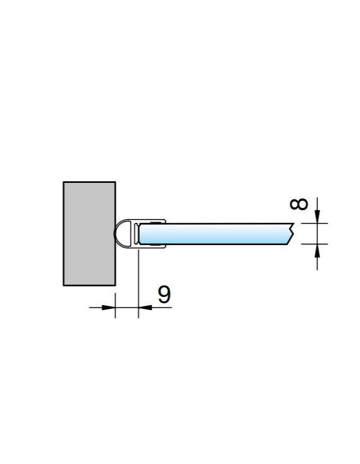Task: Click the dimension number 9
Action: [164, 294]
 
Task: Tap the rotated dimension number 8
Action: [298, 204]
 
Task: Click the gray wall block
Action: [89, 234]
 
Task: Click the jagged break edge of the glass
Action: [291, 234]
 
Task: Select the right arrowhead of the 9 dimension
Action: [145, 307]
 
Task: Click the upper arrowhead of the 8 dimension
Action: [317, 216]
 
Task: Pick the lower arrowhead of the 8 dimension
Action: [317, 251]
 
